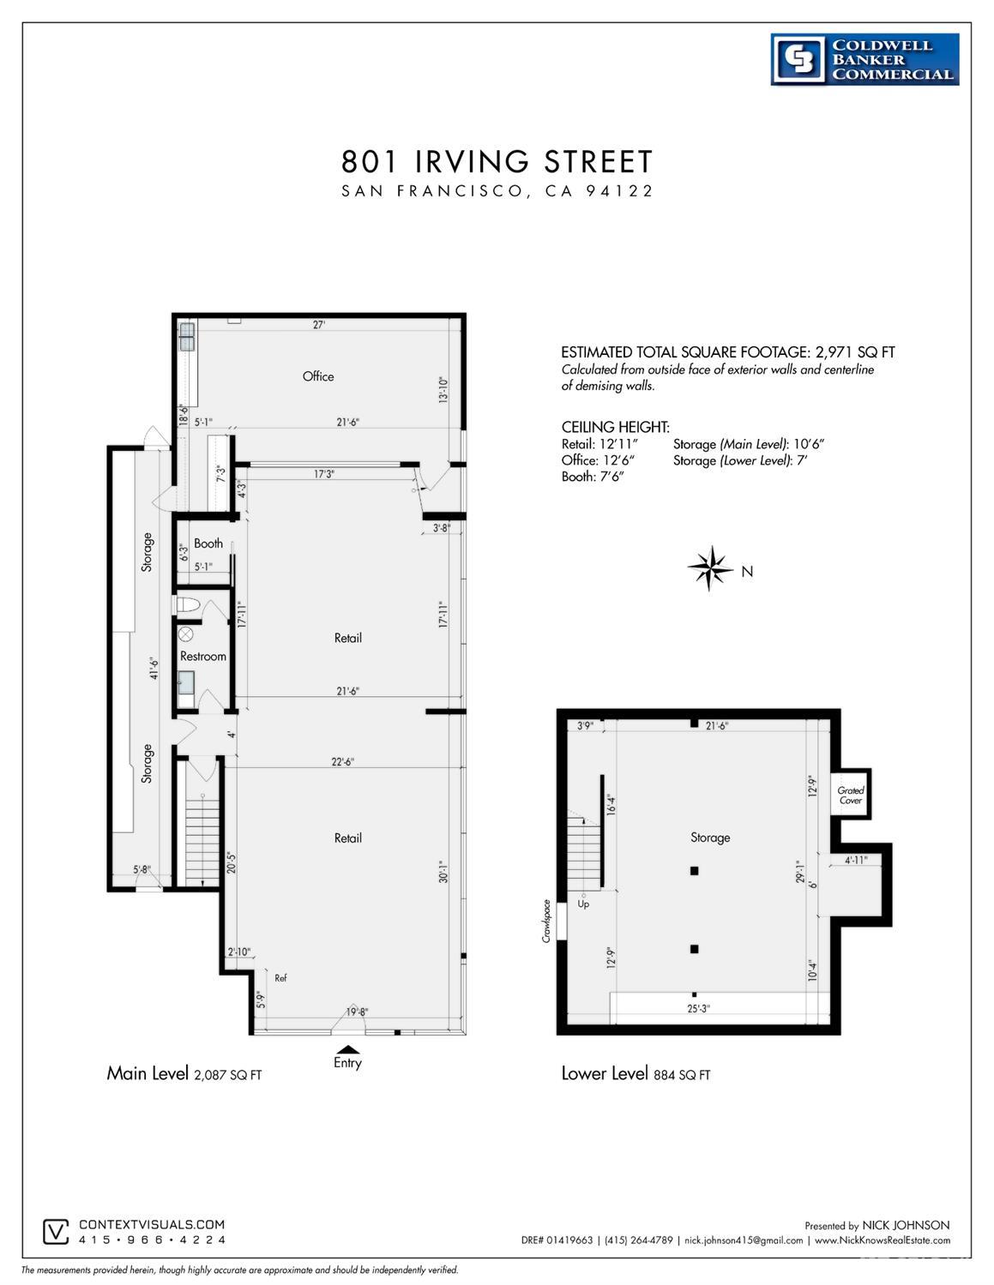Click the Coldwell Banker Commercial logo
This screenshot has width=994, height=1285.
(x=864, y=60)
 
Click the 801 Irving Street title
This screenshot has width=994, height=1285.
(x=497, y=161)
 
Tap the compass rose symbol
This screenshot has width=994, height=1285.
(x=709, y=568)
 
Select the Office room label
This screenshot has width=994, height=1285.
(x=318, y=376)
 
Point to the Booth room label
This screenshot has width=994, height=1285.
(x=208, y=543)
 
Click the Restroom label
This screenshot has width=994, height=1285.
(x=203, y=657)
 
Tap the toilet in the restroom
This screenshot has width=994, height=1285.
(x=188, y=606)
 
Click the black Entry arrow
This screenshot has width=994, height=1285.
(x=347, y=1048)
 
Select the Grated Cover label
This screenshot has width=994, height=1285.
(x=850, y=796)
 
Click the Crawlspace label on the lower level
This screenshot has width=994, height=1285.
(x=545, y=921)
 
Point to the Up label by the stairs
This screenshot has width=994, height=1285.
(x=583, y=904)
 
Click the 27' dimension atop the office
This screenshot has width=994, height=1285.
(x=318, y=325)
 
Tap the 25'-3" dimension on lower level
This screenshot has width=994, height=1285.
(x=697, y=1008)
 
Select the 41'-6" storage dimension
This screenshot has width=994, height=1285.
(x=153, y=668)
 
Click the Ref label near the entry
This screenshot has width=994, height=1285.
(x=280, y=977)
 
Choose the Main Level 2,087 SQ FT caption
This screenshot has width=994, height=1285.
(x=184, y=1073)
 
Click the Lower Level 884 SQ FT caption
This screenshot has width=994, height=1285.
(x=636, y=1073)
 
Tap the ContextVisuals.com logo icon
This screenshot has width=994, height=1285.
(x=56, y=1232)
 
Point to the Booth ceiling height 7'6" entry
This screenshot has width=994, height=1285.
(x=592, y=477)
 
